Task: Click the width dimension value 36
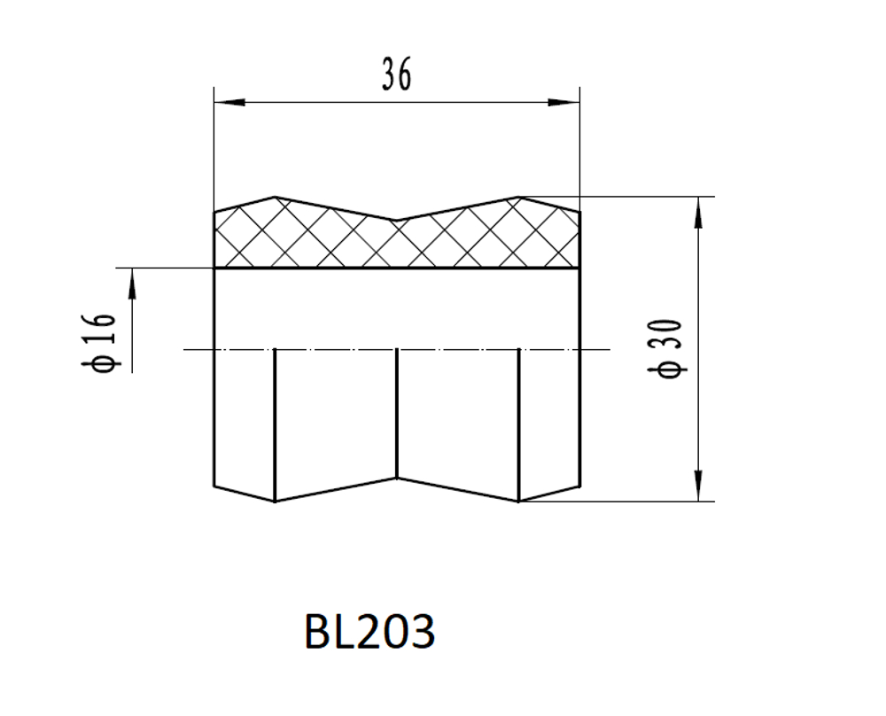click(397, 74)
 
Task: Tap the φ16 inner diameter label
click(99, 342)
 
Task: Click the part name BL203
click(370, 631)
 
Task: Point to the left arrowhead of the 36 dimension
click(229, 102)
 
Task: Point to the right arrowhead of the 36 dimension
click(563, 102)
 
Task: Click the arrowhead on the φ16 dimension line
click(132, 284)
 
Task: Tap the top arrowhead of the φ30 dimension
click(698, 213)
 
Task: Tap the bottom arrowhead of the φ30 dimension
click(698, 486)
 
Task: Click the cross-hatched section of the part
click(397, 240)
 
